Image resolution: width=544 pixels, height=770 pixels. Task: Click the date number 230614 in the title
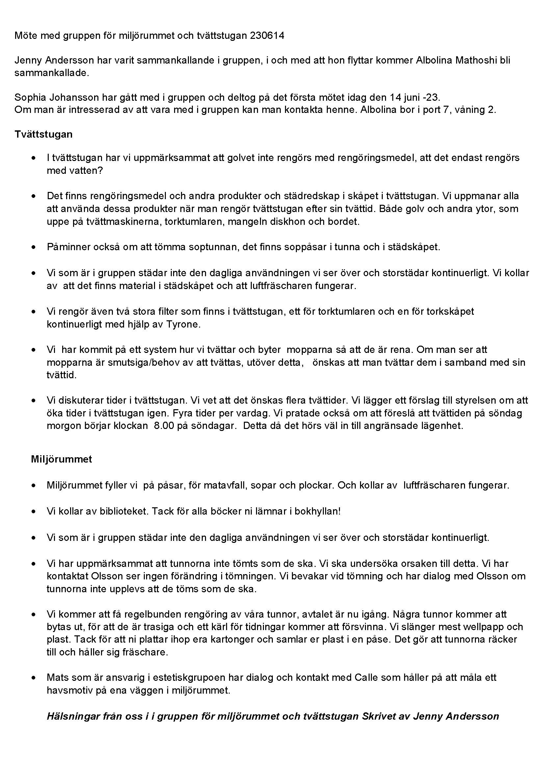click(267, 36)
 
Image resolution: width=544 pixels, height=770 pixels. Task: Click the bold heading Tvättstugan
click(43, 134)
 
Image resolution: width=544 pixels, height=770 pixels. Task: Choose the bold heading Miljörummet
click(61, 459)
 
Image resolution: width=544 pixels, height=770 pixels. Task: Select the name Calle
click(366, 677)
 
